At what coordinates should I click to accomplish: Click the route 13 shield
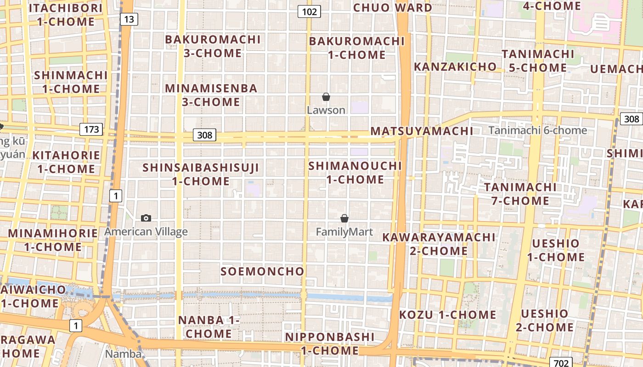(x=129, y=19)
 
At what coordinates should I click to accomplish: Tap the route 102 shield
(x=309, y=11)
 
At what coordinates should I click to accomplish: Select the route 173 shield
(x=91, y=129)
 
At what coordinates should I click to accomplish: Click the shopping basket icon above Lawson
(x=326, y=97)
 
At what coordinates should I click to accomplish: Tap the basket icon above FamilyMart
(x=344, y=218)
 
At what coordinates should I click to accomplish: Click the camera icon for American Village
(x=146, y=218)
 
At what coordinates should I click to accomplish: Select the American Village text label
(x=146, y=232)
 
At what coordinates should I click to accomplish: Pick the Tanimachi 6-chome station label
(x=538, y=130)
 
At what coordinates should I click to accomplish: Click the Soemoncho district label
(x=262, y=271)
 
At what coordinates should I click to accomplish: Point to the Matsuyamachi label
(x=422, y=131)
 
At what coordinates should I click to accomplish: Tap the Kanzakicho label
(x=455, y=67)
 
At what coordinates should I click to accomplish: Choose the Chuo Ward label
(x=393, y=7)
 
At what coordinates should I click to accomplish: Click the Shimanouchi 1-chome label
(x=355, y=172)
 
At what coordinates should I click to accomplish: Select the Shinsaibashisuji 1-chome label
(x=201, y=174)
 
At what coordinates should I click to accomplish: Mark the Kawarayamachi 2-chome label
(x=439, y=244)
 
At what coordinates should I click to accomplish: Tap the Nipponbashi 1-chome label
(x=330, y=344)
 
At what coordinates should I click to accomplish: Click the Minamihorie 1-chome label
(x=53, y=240)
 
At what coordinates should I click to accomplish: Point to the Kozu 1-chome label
(x=447, y=315)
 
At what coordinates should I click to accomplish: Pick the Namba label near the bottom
(x=123, y=354)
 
